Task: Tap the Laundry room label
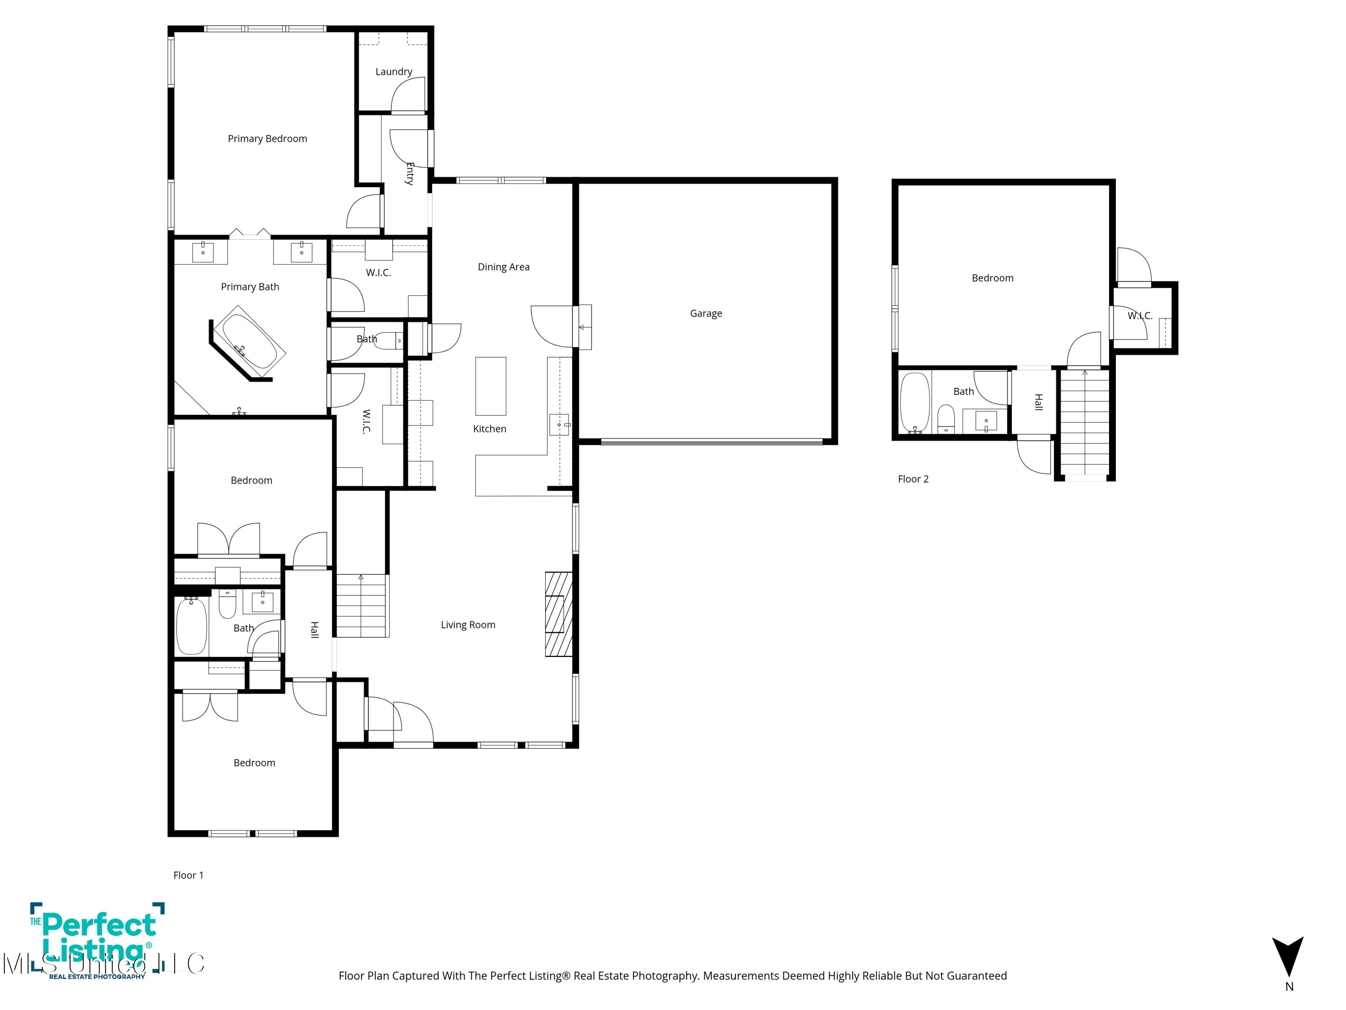[x=393, y=72]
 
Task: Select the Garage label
[x=706, y=313]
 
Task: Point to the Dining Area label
[x=504, y=267]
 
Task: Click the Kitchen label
[x=490, y=429]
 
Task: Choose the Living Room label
[x=468, y=625]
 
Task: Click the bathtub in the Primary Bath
[x=249, y=342]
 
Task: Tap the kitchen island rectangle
[x=490, y=386]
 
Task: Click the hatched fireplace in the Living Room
[x=559, y=614]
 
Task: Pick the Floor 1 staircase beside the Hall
[x=362, y=606]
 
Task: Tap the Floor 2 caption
[x=913, y=479]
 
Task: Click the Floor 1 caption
[x=188, y=875]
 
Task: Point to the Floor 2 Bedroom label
[x=992, y=278]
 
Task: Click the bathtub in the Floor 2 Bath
[x=914, y=402]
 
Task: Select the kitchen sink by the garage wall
[x=559, y=424]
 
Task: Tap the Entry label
[x=410, y=174]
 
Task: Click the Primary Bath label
[x=250, y=287]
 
